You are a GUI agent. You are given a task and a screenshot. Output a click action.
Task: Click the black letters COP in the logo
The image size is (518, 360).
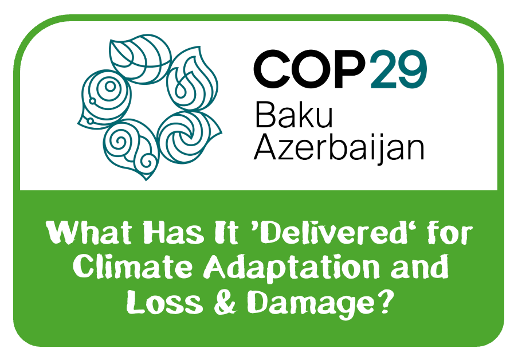(x=311, y=69)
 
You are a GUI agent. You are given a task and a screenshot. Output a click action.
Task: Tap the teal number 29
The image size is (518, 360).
(x=399, y=69)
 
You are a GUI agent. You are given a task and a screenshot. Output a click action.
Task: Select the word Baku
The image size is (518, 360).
(x=294, y=114)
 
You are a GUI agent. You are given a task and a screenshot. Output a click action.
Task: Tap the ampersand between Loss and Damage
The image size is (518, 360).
(x=225, y=303)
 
